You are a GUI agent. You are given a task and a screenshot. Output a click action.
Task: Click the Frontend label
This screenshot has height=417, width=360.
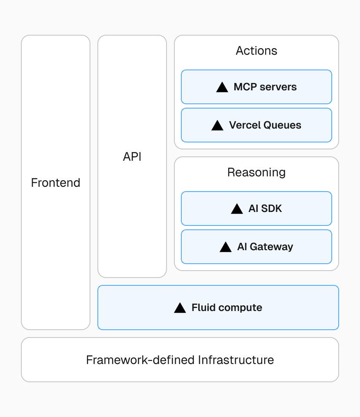pos(56,182)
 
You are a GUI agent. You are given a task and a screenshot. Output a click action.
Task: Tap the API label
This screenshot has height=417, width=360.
pos(132,156)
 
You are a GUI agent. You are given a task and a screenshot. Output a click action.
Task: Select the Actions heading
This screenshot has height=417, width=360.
pos(257,50)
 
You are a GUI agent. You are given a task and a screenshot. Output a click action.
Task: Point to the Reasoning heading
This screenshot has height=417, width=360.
pos(257,172)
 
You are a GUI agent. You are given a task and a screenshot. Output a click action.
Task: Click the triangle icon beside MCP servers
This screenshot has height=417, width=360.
pos(222,87)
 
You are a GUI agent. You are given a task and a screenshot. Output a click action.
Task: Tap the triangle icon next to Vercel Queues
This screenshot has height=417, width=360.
pos(217,126)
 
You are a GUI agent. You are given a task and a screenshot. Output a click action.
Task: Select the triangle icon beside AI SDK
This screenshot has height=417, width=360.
pos(237,209)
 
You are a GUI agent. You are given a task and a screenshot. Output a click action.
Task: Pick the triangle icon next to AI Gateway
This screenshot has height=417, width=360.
pos(226,247)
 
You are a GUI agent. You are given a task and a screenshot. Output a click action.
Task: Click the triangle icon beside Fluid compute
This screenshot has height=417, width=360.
pos(180,308)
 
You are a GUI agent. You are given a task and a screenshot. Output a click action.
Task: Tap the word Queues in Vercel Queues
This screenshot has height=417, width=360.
pos(283,125)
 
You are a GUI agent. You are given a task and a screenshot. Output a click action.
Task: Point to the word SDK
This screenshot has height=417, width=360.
pos(272,208)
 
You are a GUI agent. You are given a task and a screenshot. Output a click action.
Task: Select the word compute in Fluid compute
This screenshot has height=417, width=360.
pos(241,308)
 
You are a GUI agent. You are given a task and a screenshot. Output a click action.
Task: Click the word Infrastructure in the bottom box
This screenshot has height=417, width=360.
pos(236,360)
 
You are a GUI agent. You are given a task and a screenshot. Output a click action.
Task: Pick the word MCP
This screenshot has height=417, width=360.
pos(244,87)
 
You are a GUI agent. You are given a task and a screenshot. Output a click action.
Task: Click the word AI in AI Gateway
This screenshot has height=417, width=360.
pos(242,247)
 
